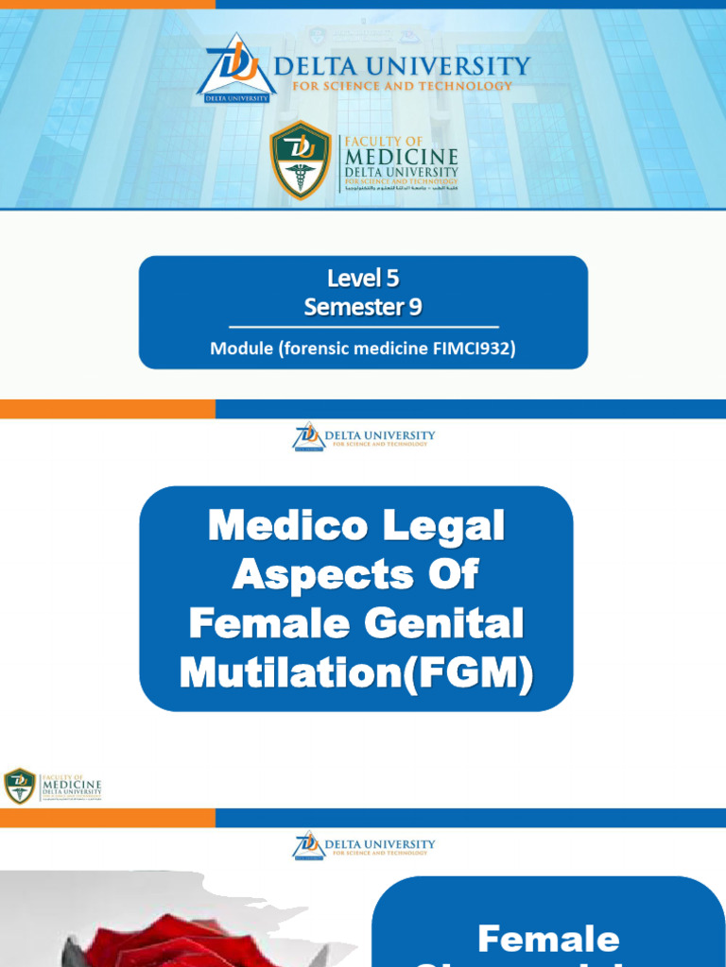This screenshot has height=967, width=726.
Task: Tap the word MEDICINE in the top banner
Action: pyautogui.click(x=402, y=156)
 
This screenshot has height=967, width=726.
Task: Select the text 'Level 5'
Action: pyautogui.click(x=363, y=279)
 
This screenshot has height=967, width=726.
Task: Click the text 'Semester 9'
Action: pyautogui.click(x=363, y=307)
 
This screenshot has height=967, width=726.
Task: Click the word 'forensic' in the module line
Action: pyautogui.click(x=316, y=348)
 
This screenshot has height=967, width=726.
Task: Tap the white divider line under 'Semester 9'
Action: pyautogui.click(x=363, y=327)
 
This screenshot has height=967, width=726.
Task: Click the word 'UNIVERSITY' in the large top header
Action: pyautogui.click(x=456, y=66)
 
